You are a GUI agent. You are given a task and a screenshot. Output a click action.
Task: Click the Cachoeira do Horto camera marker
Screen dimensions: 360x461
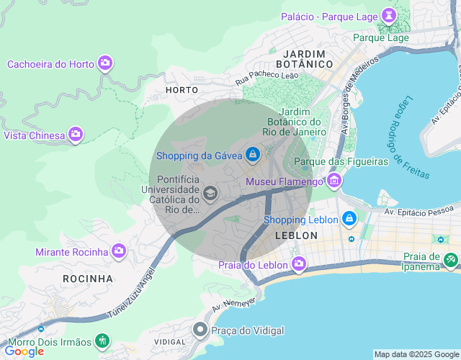click(x=105, y=63)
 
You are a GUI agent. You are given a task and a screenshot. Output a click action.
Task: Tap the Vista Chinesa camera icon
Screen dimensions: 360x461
click(x=76, y=135)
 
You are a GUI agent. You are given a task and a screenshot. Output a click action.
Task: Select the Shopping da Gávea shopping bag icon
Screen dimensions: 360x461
click(x=252, y=155)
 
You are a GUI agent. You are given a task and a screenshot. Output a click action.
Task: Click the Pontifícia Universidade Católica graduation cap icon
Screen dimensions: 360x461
click(x=210, y=192)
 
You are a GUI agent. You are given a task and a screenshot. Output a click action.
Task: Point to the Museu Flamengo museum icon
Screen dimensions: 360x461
click(x=334, y=181)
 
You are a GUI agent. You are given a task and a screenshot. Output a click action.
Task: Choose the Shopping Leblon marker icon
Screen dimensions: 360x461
click(x=349, y=218)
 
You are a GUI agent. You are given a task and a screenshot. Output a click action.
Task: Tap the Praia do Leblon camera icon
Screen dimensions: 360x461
click(x=299, y=265)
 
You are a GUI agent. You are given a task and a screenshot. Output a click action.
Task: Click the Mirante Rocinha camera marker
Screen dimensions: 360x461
click(x=119, y=251)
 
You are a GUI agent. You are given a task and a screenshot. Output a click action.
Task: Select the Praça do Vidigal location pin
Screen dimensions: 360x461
click(x=200, y=330)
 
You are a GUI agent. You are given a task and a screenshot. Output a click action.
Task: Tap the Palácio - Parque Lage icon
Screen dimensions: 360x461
click(x=390, y=15)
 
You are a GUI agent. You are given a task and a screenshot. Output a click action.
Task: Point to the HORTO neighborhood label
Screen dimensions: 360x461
click(x=182, y=90)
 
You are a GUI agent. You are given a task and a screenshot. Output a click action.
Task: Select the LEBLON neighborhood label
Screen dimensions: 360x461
click(x=296, y=235)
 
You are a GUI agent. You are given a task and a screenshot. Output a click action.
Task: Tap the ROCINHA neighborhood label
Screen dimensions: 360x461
click(x=88, y=278)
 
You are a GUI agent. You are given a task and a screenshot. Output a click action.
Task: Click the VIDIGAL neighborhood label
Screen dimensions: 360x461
click(x=170, y=341)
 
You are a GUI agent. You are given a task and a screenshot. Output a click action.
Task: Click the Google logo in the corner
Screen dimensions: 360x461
click(x=24, y=351)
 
